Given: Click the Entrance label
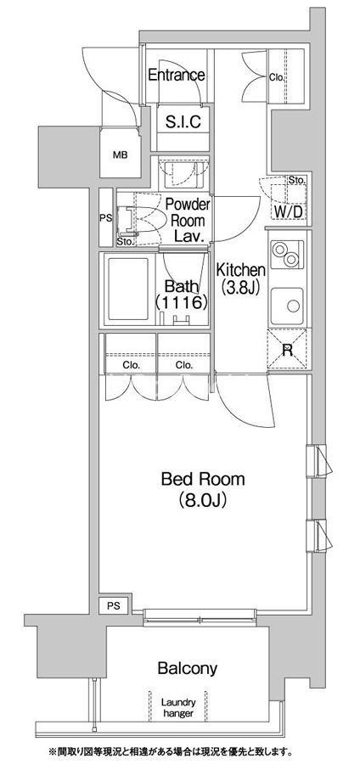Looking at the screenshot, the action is [176, 76].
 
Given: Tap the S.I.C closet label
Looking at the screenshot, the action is [183, 121].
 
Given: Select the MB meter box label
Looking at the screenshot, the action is [121, 155].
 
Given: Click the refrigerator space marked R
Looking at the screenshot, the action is [287, 349].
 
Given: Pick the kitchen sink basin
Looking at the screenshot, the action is [287, 306].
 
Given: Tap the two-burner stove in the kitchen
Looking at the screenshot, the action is [286, 255].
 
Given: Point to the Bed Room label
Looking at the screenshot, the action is [202, 479].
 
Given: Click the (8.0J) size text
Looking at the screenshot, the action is [202, 500].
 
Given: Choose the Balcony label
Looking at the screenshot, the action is [187, 668].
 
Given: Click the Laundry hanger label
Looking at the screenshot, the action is [178, 708].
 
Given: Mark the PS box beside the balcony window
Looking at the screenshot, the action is [115, 606].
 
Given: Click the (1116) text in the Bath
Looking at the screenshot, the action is [181, 302].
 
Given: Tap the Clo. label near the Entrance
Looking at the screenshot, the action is [277, 76].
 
